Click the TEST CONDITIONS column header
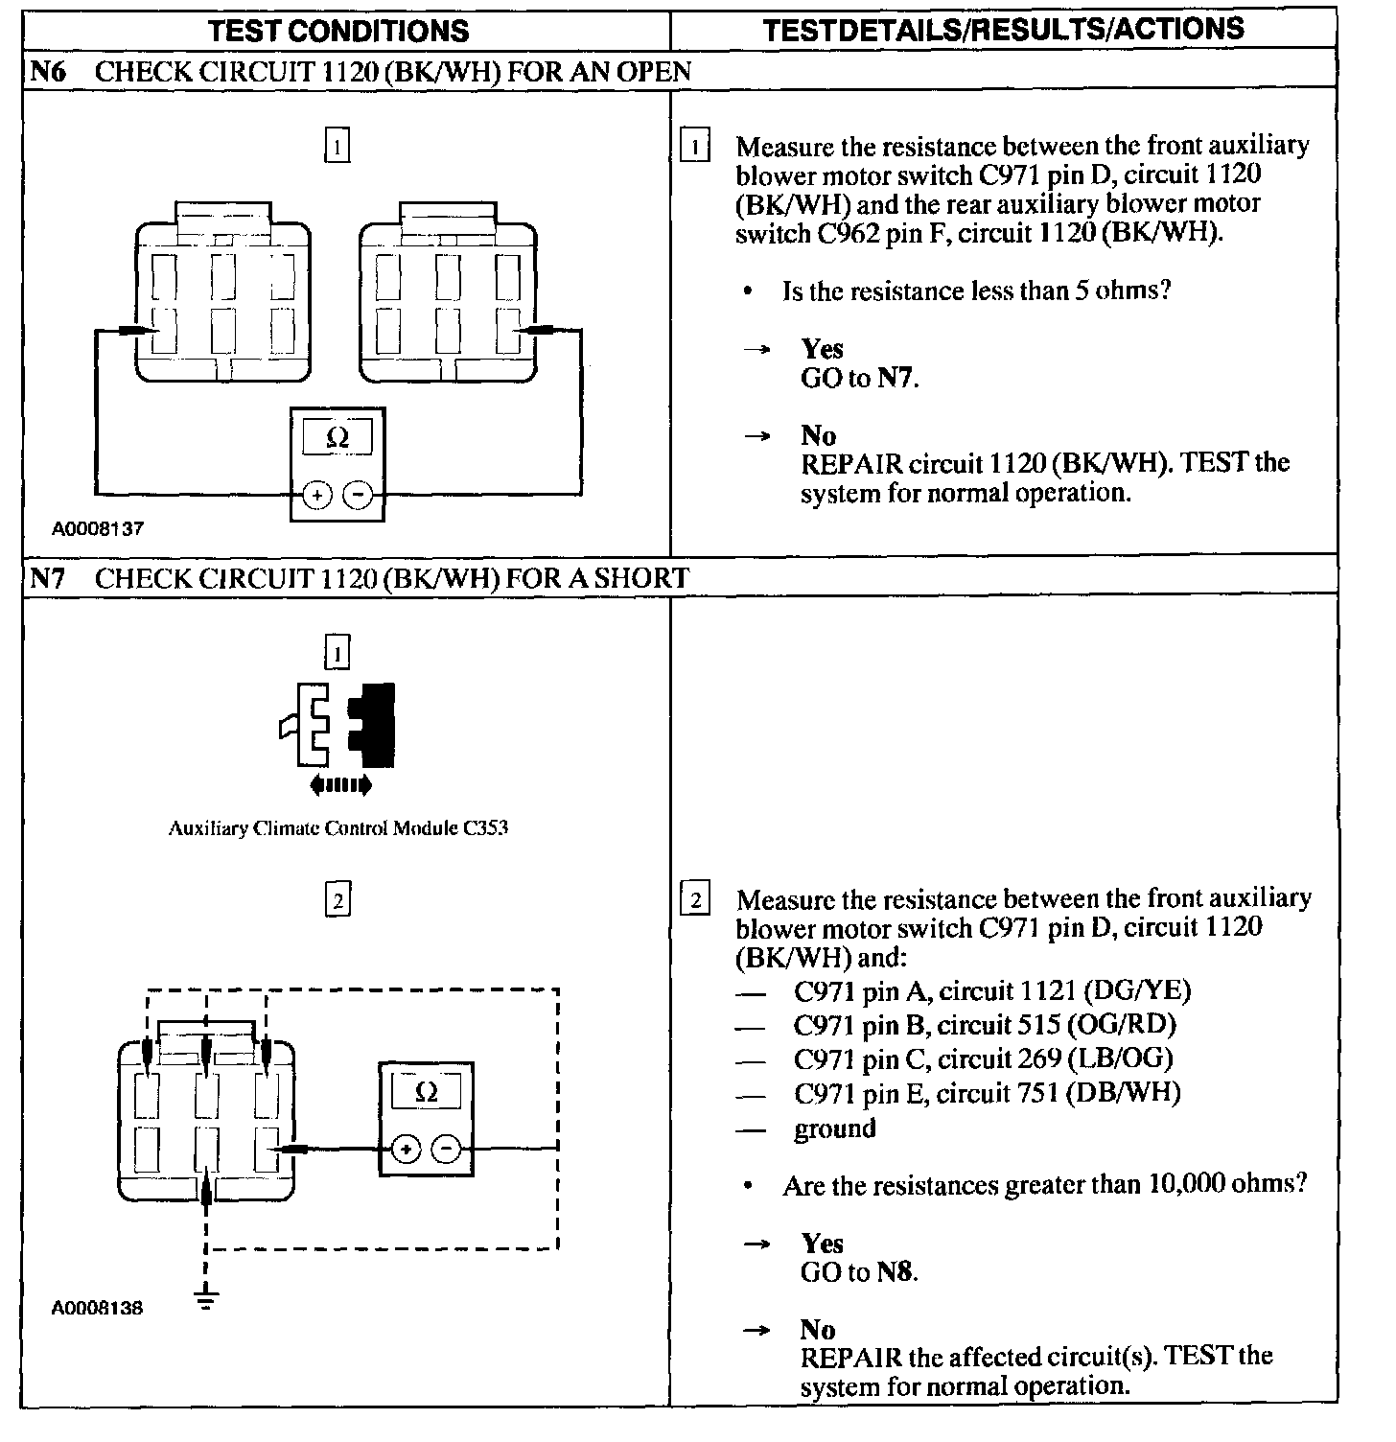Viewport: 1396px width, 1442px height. (x=339, y=30)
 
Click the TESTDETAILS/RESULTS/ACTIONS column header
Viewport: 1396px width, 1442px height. (x=1003, y=29)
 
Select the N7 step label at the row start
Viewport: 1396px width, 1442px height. (x=48, y=578)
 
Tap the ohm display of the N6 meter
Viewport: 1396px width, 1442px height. (x=337, y=438)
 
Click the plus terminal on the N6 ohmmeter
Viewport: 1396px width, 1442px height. (x=317, y=495)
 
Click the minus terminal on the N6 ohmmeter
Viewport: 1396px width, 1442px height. (x=358, y=495)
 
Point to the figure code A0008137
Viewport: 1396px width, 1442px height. (x=98, y=529)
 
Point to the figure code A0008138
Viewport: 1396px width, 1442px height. (x=98, y=1308)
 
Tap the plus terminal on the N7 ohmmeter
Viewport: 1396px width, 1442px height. (x=406, y=1150)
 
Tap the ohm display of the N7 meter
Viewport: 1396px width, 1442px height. (x=428, y=1093)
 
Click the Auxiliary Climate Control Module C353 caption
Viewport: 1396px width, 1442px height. (x=337, y=828)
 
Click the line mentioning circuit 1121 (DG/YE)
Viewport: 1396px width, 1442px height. (x=992, y=990)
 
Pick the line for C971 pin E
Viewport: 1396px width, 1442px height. (x=987, y=1093)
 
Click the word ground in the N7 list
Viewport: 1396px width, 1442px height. (x=834, y=1128)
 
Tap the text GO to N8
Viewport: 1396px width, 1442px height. (x=859, y=1272)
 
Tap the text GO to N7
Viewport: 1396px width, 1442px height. (x=859, y=378)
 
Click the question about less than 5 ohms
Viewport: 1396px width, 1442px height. (x=976, y=291)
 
